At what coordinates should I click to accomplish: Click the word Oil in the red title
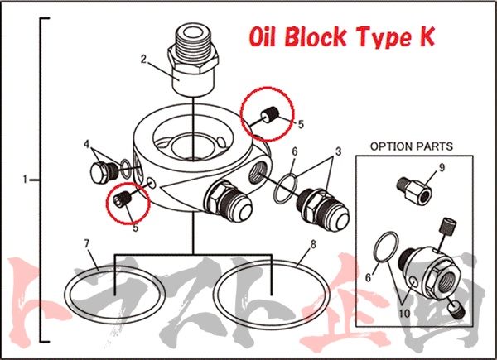point(263,36)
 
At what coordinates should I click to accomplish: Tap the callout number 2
point(143,59)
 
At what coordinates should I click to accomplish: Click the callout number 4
point(87,144)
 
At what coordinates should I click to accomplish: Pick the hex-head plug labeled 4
point(101,173)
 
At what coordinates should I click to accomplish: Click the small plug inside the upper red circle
point(270,114)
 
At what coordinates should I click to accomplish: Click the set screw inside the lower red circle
point(123,199)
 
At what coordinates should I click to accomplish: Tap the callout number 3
point(339,151)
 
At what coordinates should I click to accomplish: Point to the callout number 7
point(86,244)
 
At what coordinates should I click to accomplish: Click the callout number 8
point(313,244)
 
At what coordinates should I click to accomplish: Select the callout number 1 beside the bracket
point(25,180)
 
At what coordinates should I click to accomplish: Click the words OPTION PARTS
point(412,146)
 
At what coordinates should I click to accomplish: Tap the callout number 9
point(442,168)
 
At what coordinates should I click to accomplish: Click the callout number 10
point(404,313)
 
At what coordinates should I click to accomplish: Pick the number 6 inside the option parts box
point(368,277)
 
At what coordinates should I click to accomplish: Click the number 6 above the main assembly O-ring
point(295,151)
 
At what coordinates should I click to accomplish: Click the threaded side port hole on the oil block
point(258,173)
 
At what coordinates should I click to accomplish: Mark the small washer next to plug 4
point(126,169)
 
